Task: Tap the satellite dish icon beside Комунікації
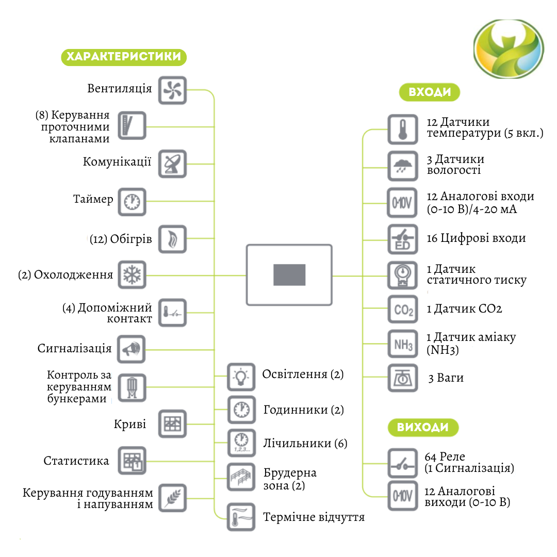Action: coord(172,164)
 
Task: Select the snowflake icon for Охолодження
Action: coord(132,275)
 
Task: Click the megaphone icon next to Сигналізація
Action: coord(132,350)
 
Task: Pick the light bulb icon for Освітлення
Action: coord(241,376)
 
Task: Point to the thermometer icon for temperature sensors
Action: coord(402,128)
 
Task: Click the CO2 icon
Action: coord(402,310)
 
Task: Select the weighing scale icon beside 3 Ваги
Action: coord(402,378)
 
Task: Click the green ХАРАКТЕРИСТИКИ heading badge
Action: coord(124,56)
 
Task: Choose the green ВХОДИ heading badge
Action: coord(430,92)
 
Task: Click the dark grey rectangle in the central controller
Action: coord(289,275)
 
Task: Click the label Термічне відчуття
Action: coord(314,517)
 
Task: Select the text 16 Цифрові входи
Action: coord(476,238)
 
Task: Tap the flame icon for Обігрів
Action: coord(172,239)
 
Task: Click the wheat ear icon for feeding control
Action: coord(172,498)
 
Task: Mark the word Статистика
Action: coord(76,461)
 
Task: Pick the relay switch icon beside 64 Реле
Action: coord(402,463)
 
